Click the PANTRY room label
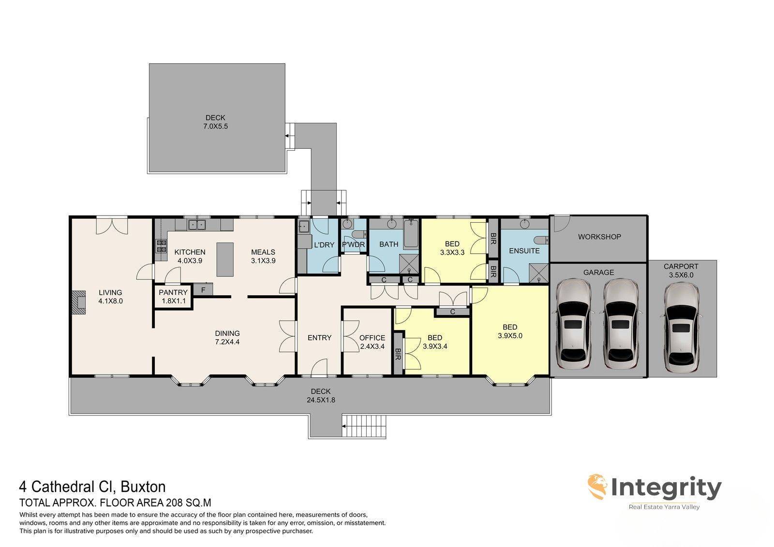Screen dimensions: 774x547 click(173, 292)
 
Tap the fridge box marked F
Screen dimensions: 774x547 click(203, 289)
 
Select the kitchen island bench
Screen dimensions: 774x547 click(225, 259)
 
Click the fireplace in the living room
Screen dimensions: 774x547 click(79, 302)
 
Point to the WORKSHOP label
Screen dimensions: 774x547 click(599, 237)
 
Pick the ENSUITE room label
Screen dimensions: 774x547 click(524, 251)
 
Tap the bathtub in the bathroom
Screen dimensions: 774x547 click(411, 233)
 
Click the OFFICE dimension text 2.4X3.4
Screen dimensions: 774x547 click(372, 346)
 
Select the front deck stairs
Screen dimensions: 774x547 click(364, 426)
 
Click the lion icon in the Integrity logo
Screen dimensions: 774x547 click(597, 487)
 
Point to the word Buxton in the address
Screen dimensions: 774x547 click(143, 487)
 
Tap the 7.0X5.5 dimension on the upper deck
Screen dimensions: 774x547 click(215, 126)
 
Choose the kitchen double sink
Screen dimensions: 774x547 click(196, 225)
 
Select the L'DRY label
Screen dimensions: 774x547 click(324, 245)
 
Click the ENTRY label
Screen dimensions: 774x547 click(319, 338)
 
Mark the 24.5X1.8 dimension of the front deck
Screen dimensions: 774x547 click(321, 400)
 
